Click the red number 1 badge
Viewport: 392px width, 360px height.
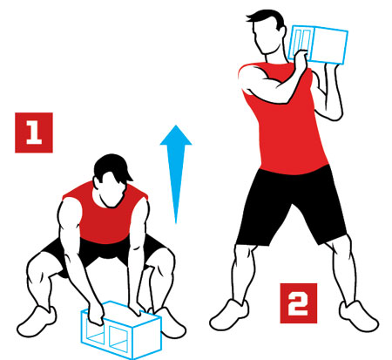[34, 132]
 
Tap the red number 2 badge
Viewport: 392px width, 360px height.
[299, 303]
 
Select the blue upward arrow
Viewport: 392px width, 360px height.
[176, 174]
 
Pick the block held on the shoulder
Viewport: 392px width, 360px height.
[320, 44]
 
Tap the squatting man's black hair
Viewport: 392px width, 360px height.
[112, 168]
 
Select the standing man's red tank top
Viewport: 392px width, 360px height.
[286, 122]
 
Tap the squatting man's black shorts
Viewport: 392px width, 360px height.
[105, 251]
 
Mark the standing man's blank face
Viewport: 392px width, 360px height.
[266, 37]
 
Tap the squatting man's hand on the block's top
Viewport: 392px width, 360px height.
[136, 309]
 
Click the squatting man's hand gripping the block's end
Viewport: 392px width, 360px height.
[96, 314]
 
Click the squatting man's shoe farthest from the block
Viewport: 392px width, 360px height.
[37, 321]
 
